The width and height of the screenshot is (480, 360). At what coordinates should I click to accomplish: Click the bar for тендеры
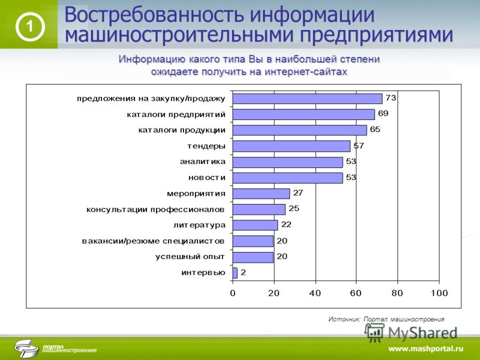click(x=291, y=146)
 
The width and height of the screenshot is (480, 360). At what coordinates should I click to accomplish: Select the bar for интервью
click(x=235, y=273)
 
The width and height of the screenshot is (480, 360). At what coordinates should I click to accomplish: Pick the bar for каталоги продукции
click(x=299, y=130)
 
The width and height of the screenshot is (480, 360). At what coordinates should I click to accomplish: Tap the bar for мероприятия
click(x=261, y=193)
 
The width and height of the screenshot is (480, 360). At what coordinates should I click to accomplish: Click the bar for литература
click(x=255, y=225)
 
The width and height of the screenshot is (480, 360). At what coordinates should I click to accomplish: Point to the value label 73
click(x=391, y=98)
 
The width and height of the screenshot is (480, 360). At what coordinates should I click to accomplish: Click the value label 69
click(x=383, y=113)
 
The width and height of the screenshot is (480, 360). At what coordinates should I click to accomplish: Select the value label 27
click(x=298, y=193)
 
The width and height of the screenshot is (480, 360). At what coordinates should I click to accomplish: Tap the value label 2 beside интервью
click(x=243, y=272)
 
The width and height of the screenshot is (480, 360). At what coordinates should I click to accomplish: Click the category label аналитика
click(x=203, y=161)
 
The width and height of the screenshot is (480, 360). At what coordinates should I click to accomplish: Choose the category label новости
click(x=207, y=178)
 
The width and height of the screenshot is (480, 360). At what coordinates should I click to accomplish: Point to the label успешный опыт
click(x=190, y=257)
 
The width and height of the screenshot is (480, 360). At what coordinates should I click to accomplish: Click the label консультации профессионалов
click(x=155, y=209)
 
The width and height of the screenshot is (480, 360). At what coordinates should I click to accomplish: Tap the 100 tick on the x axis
click(x=439, y=293)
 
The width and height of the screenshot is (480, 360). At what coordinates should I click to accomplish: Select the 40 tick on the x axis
click(x=315, y=293)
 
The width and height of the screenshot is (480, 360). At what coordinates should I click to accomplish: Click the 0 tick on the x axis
click(x=233, y=293)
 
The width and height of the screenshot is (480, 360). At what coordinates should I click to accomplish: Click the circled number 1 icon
click(x=30, y=27)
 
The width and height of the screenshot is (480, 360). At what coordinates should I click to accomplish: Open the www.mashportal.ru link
click(x=426, y=349)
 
